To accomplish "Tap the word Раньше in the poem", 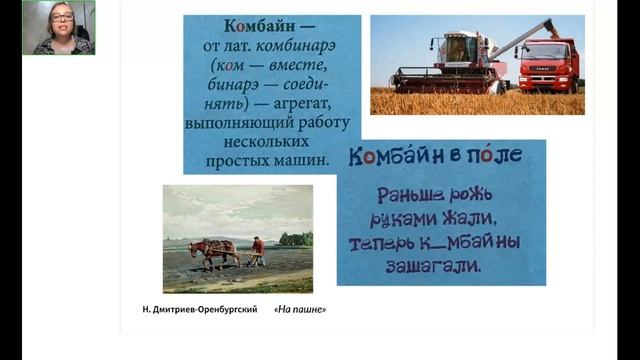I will [x=402, y=194].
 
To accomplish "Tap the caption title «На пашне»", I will [x=300, y=309].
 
